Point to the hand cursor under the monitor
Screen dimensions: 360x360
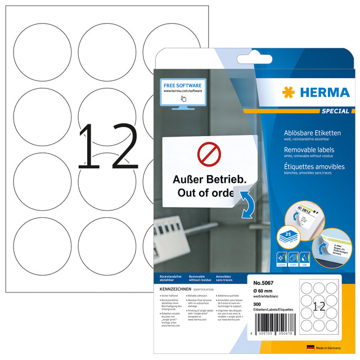click(x=183, y=98)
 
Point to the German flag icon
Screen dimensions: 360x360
click(x=310, y=348)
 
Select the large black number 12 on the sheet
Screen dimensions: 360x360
click(x=107, y=147)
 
